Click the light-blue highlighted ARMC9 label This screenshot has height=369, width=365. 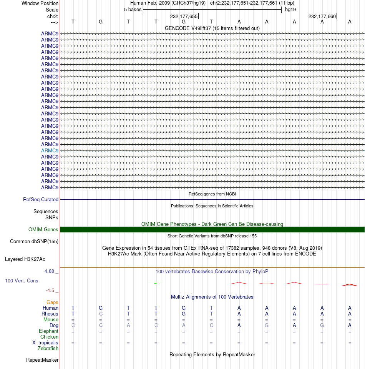(50, 150)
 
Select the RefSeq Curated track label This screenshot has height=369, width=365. (41, 200)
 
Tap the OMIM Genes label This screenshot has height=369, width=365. (43, 230)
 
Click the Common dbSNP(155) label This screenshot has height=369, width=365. (34, 242)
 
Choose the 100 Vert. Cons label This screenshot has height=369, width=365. (22, 281)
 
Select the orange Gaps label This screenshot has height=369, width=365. (52, 302)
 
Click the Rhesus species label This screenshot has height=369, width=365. (50, 314)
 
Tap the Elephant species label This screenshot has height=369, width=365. (48, 331)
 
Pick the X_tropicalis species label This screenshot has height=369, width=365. (45, 343)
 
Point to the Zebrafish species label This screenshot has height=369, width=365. (48, 349)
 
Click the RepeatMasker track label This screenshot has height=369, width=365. (42, 360)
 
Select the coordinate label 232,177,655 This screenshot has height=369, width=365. (184, 17)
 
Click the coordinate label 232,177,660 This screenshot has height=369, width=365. (322, 17)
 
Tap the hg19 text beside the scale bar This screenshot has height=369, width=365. (290, 9)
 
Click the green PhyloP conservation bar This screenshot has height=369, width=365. (155, 283)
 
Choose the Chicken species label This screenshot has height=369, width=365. (49, 337)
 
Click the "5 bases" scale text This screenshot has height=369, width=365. (133, 9)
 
